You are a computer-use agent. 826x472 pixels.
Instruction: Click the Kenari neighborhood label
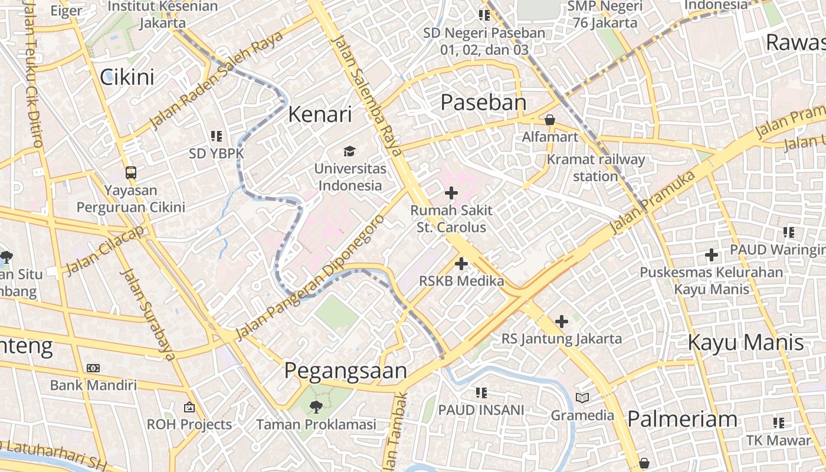click(320, 114)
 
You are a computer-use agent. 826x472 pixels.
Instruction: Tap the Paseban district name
click(483, 103)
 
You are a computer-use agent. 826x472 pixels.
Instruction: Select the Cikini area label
click(127, 77)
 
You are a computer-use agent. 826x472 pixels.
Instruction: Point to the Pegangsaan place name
click(346, 371)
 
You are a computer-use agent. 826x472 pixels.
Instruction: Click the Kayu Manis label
click(746, 343)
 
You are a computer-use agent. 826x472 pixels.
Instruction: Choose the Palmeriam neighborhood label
click(682, 419)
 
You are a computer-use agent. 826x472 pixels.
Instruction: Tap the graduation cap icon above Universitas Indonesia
click(350, 152)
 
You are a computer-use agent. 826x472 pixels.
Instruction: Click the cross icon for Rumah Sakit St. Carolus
click(451, 193)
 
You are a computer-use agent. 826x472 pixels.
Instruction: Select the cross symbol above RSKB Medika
click(461, 264)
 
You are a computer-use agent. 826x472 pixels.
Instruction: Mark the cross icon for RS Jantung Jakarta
click(562, 322)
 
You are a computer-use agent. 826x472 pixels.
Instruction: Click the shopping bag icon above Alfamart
click(550, 120)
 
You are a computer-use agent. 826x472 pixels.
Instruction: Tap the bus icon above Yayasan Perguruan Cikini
click(131, 173)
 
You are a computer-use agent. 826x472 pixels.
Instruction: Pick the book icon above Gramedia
click(582, 398)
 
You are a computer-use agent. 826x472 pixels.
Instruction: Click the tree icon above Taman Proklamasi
click(316, 407)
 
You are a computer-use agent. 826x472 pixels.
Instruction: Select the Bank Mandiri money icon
click(93, 368)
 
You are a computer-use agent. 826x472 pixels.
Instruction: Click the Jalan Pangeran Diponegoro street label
click(310, 277)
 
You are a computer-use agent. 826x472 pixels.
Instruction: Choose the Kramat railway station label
click(595, 168)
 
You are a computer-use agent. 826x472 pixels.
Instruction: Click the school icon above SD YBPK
click(217, 136)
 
